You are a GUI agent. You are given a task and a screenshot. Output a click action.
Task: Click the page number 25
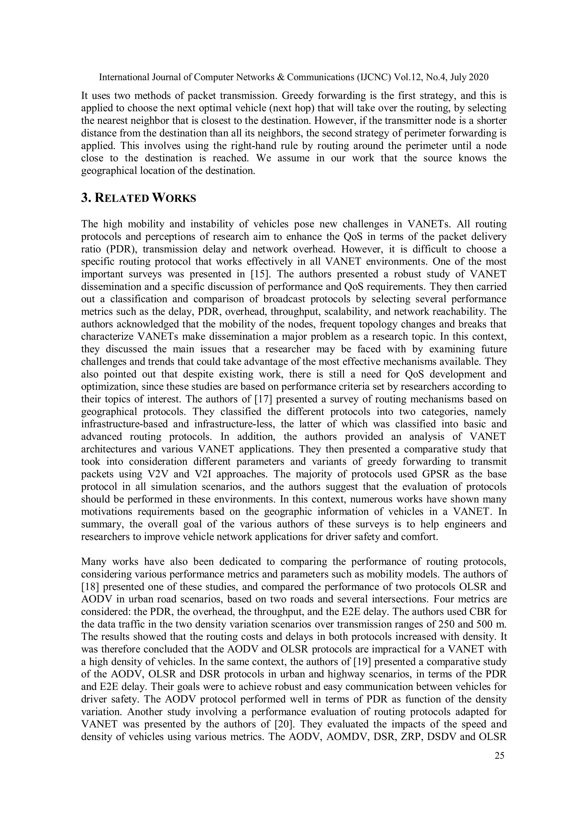[x=499, y=756]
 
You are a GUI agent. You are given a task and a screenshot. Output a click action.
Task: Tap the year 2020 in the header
[x=478, y=77]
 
